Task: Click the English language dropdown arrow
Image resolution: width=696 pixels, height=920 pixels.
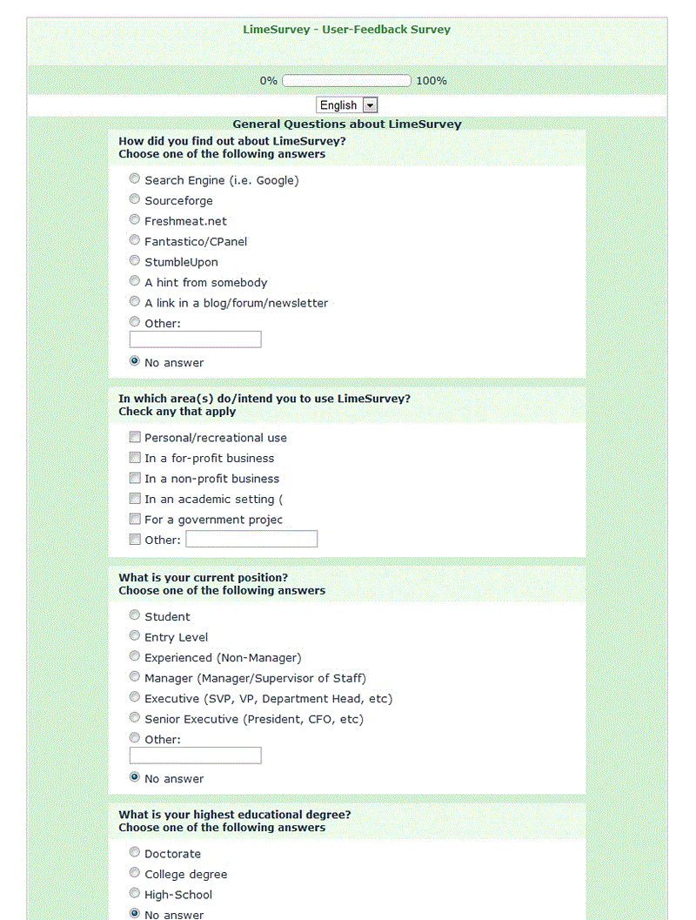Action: click(370, 105)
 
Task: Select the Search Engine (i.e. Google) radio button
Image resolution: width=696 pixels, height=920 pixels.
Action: click(135, 179)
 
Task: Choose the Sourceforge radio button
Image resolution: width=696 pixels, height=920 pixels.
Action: click(135, 199)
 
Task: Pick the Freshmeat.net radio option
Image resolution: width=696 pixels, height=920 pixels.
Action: click(135, 220)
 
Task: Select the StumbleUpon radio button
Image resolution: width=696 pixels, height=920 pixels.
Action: click(135, 261)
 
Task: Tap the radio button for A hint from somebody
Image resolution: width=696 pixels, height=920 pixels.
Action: click(135, 281)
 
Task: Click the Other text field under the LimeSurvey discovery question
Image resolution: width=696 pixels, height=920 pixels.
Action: click(195, 339)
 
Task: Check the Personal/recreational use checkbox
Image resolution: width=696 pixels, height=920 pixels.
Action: click(135, 437)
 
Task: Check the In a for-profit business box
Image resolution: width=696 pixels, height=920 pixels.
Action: click(135, 458)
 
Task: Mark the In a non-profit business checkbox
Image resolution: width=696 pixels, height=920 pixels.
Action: click(135, 478)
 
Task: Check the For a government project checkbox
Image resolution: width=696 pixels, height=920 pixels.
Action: click(135, 519)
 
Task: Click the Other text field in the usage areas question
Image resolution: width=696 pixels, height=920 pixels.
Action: click(251, 540)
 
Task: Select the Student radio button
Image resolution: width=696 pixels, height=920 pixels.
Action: click(135, 615)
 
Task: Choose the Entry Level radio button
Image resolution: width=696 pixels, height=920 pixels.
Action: click(135, 636)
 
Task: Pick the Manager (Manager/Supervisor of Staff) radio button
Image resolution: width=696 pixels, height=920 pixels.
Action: click(135, 677)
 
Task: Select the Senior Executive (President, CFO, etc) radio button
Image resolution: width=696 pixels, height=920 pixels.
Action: click(135, 718)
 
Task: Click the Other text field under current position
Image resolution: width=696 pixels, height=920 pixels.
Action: click(195, 755)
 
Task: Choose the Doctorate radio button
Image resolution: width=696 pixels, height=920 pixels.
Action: click(135, 853)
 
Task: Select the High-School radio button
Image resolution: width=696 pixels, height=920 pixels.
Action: click(135, 894)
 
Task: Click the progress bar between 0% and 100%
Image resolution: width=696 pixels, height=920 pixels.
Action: click(346, 81)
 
